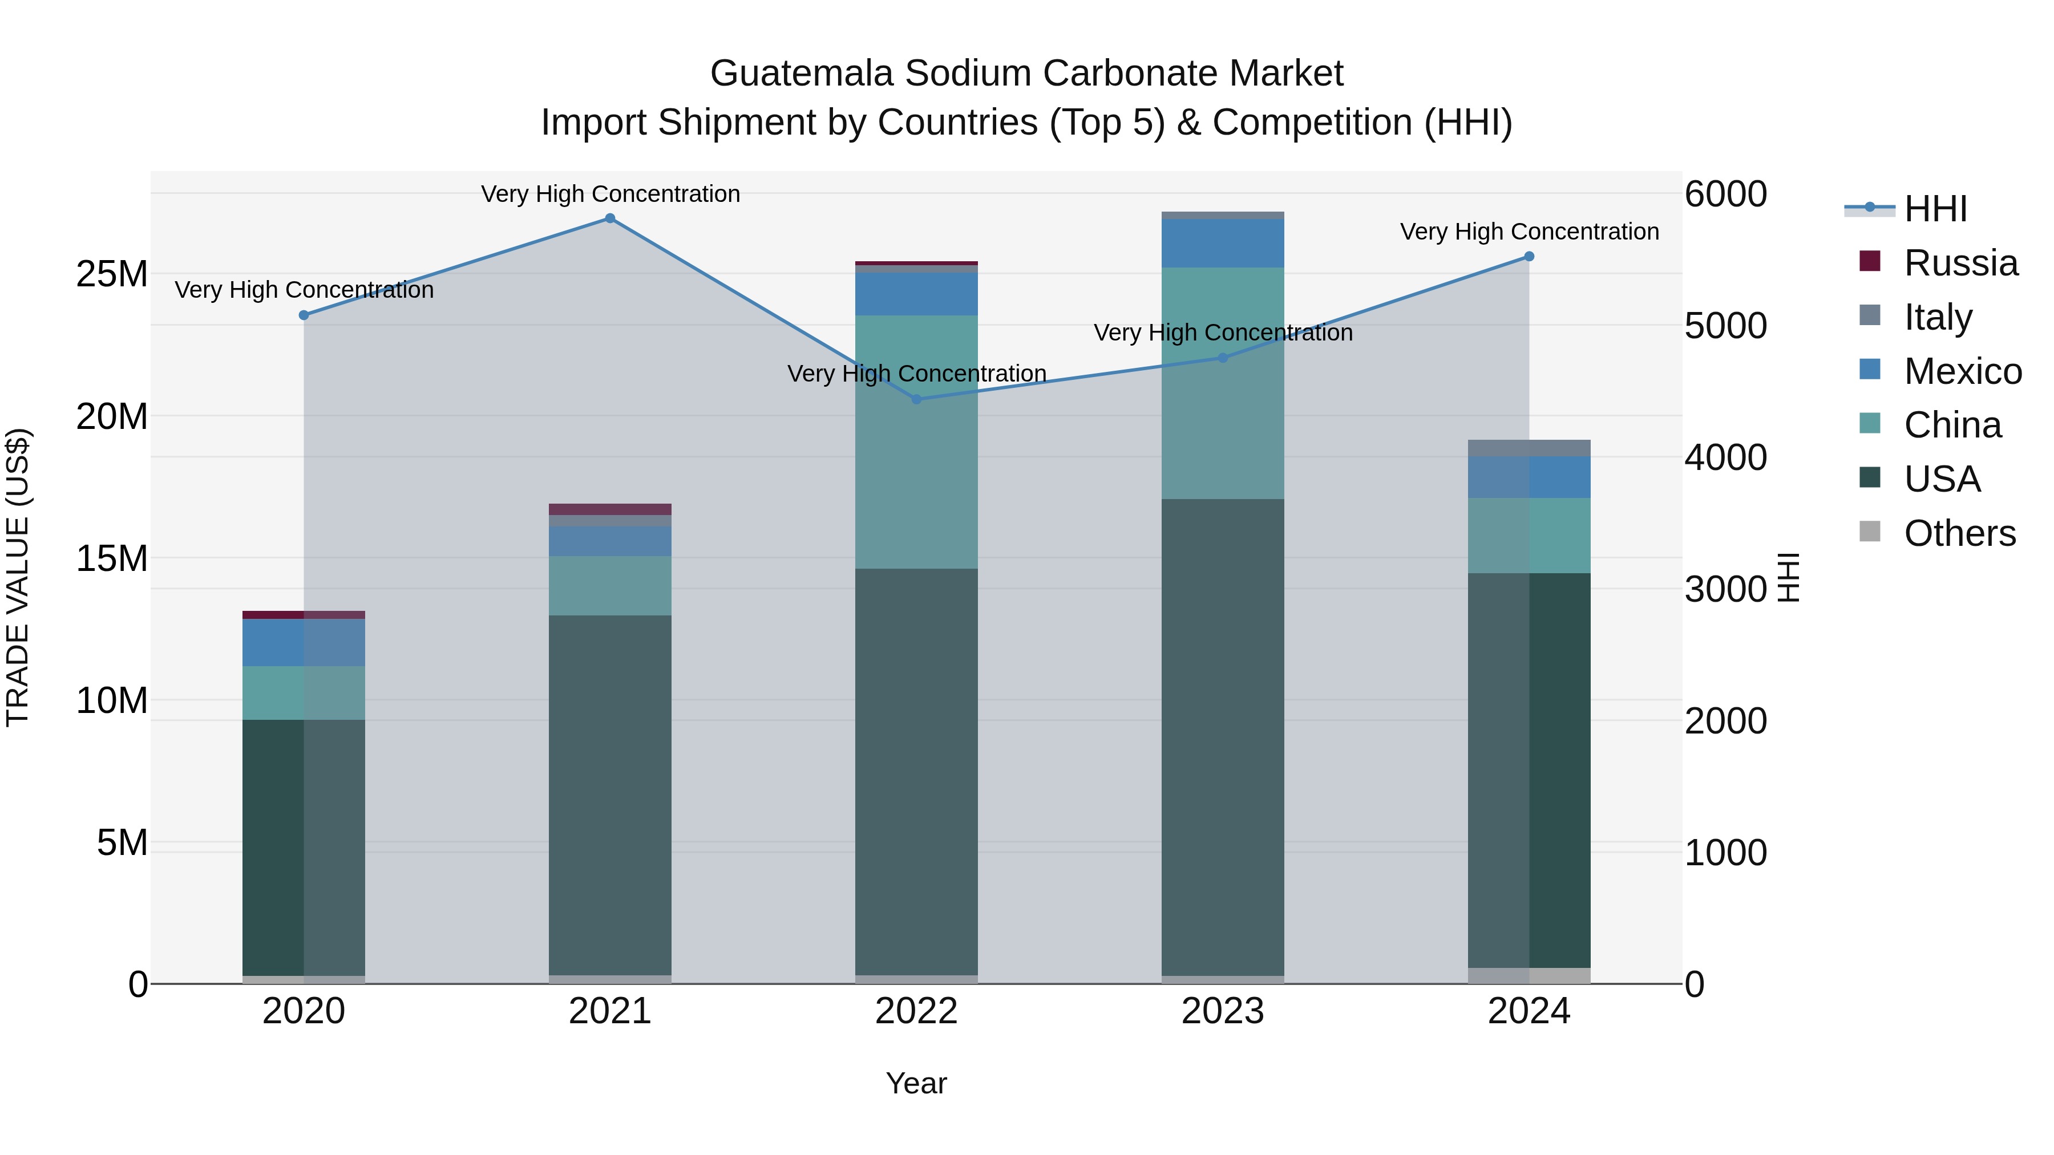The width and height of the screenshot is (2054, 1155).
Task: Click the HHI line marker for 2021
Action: point(610,218)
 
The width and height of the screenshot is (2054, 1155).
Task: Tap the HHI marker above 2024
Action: point(1529,257)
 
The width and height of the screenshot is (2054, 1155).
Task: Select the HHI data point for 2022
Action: point(916,399)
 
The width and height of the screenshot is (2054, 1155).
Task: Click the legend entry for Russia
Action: point(1960,263)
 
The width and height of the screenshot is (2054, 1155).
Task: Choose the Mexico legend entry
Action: point(1962,371)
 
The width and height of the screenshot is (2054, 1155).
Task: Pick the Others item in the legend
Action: point(1958,533)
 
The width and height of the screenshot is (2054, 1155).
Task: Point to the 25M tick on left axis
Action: point(112,274)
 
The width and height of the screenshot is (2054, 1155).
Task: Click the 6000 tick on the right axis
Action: point(1725,194)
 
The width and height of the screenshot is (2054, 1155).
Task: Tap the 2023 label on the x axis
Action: point(1222,1011)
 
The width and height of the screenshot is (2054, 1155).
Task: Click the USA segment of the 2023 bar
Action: point(1222,737)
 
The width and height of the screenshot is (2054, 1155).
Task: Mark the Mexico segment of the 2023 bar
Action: point(1222,243)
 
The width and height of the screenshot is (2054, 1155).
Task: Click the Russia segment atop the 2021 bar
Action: point(610,509)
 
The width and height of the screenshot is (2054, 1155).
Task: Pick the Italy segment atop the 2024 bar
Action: point(1529,448)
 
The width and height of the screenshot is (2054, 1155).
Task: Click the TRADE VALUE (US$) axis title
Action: point(18,577)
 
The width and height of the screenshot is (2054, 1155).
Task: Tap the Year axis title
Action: point(916,1083)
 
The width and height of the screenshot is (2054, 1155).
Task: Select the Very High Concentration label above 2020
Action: point(304,290)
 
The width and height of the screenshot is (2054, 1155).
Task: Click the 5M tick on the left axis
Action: point(122,842)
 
